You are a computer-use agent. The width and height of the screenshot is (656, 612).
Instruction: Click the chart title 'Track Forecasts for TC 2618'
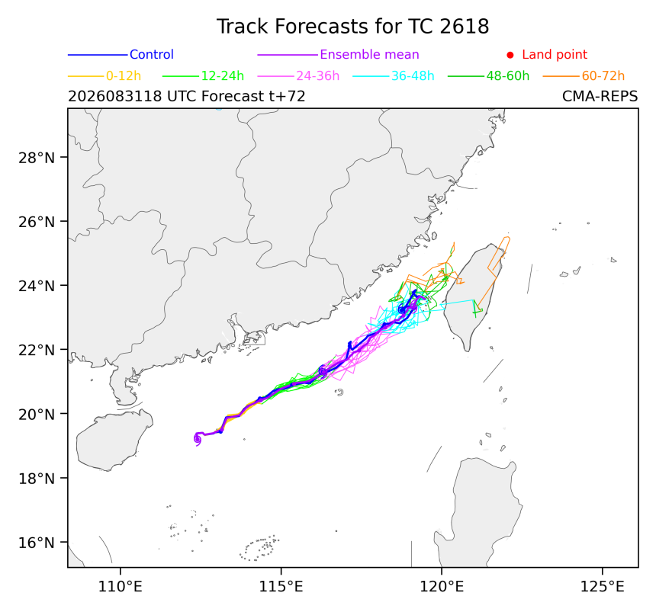pyautogui.click(x=352, y=27)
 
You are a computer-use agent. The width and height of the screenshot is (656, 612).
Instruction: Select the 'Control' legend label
pyautogui.click(x=152, y=55)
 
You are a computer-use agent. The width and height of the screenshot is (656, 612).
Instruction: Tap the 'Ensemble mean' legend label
pyautogui.click(x=369, y=55)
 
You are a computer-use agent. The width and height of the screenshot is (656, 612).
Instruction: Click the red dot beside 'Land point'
pyautogui.click(x=510, y=55)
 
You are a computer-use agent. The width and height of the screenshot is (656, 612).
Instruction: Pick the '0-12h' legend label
pyautogui.click(x=124, y=76)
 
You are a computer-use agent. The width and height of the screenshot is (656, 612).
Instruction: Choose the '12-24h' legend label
pyautogui.click(x=223, y=76)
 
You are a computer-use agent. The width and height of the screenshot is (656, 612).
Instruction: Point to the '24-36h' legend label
pyautogui.click(x=317, y=76)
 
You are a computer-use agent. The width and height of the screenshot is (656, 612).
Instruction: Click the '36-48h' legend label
pyautogui.click(x=413, y=76)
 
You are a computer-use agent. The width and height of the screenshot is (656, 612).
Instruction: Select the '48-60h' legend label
pyautogui.click(x=508, y=76)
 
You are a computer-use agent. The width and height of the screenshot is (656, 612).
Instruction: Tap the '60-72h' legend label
pyautogui.click(x=603, y=76)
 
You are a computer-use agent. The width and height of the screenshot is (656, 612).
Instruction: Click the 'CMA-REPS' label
pyautogui.click(x=600, y=97)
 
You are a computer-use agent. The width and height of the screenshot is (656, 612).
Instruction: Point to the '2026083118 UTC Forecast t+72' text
pyautogui.click(x=187, y=97)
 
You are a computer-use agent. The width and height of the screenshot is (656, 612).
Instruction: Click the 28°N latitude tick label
pyautogui.click(x=37, y=158)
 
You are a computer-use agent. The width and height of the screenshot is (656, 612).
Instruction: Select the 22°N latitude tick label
pyautogui.click(x=37, y=351)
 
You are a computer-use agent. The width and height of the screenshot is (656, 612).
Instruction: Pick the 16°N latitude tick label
pyautogui.click(x=37, y=543)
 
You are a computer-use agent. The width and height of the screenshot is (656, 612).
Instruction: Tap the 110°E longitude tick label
pyautogui.click(x=121, y=587)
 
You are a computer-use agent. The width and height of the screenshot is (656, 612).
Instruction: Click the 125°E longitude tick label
pyautogui.click(x=602, y=587)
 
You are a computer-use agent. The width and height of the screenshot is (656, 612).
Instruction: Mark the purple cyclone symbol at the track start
pyautogui.click(x=197, y=439)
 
